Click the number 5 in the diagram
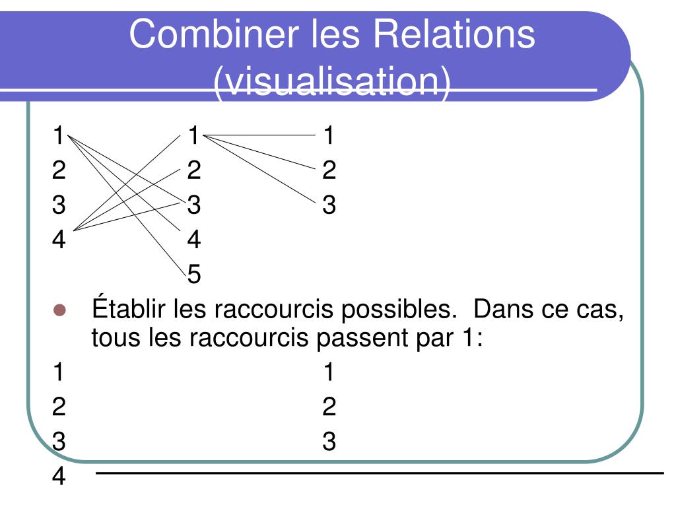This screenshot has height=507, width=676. click(x=193, y=274)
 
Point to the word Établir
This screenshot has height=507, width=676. click(x=129, y=309)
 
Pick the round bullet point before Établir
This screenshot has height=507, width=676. click(x=61, y=310)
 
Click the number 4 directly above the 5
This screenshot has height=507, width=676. click(x=193, y=239)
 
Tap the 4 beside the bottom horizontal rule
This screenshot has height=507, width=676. click(x=59, y=476)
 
